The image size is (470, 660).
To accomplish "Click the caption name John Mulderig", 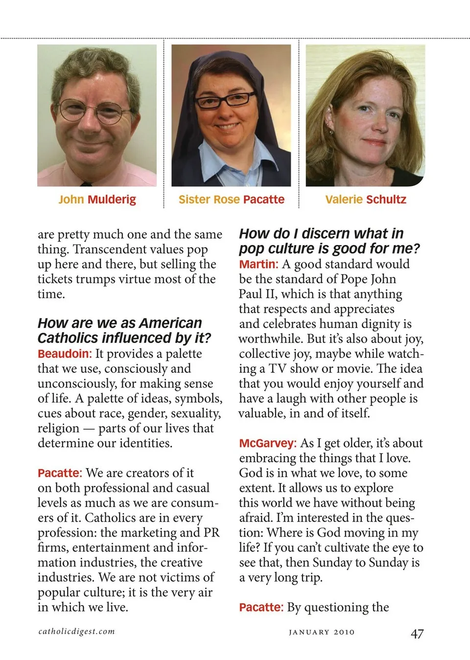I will tap(97, 200).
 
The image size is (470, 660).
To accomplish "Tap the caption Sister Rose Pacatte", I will tap(231, 200).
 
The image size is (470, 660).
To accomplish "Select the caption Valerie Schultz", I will tap(365, 200).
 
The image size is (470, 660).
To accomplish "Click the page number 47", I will tap(417, 634).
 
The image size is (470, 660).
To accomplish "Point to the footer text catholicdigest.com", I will tap(77, 631).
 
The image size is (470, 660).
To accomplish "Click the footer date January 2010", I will tap(321, 632).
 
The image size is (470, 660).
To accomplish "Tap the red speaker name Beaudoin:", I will tap(65, 354).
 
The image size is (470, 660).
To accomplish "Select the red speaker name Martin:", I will tap(258, 264).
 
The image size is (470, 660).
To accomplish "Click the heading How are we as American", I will tap(119, 323).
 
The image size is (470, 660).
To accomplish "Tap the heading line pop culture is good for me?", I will tap(329, 249).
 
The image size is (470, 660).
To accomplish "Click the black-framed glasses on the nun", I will tap(225, 100).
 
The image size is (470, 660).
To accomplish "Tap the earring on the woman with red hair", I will tap(331, 132).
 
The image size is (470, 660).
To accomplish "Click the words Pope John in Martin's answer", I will tap(372, 279).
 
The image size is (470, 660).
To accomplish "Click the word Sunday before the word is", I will tap(388, 563).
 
